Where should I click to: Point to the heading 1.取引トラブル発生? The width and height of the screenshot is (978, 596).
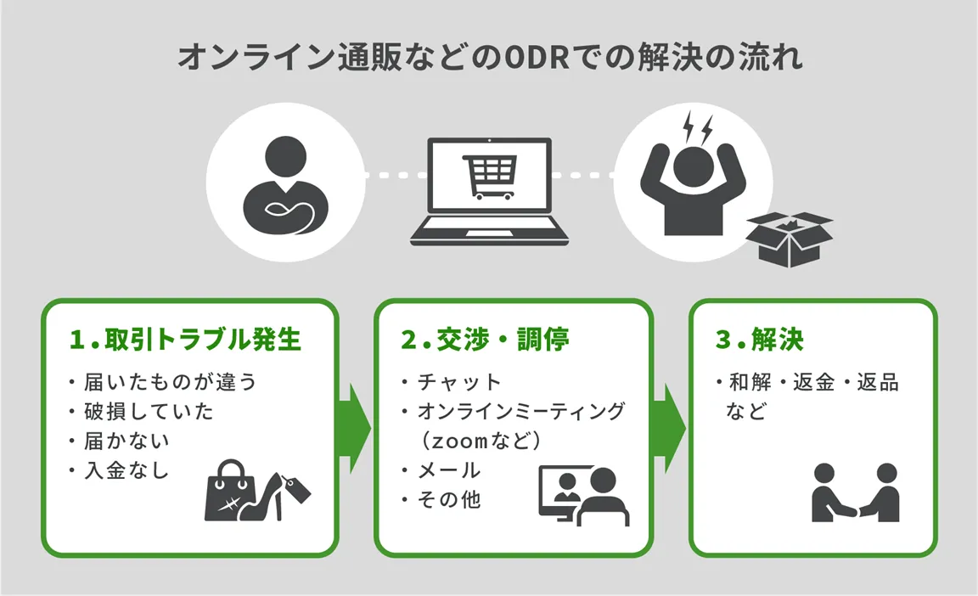[x=186, y=340]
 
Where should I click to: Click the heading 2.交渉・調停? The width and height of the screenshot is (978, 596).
[x=485, y=340]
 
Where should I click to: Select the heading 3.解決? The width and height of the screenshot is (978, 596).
[x=760, y=340]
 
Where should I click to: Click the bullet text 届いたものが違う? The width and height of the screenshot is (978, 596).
[x=170, y=382]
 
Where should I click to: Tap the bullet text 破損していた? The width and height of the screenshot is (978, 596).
[x=148, y=412]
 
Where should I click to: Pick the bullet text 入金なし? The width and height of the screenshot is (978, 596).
[x=126, y=469]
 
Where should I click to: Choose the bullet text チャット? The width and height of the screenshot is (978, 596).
[x=458, y=382]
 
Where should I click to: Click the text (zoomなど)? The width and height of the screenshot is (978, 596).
[x=481, y=441]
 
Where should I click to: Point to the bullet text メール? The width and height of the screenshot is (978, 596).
[x=447, y=469]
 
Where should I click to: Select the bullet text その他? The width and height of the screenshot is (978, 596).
[x=447, y=499]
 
